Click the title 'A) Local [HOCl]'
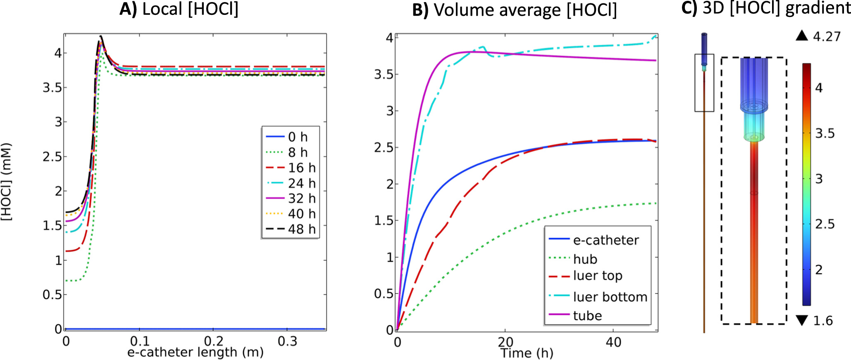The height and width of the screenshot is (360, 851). point(179,9)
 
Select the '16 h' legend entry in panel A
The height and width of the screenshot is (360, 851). point(302,168)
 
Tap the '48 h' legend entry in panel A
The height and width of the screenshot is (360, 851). point(302,229)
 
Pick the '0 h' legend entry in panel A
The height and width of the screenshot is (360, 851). point(298,137)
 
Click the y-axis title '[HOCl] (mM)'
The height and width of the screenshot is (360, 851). point(7,182)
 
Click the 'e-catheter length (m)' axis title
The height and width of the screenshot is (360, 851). point(195,352)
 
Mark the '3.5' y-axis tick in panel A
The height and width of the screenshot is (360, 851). point(52,88)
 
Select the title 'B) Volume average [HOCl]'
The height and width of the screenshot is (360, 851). point(515,10)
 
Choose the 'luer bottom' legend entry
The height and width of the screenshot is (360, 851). point(610,297)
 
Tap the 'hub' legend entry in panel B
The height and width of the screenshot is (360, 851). point(585,259)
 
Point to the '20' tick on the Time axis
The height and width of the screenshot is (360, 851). point(505,342)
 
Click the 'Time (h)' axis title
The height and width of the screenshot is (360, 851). point(527,353)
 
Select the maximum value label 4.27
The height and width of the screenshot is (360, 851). point(827,37)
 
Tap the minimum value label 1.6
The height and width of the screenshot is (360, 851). point(823,321)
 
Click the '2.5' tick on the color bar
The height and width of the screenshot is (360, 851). point(825,224)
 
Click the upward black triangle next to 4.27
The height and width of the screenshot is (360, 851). point(802,36)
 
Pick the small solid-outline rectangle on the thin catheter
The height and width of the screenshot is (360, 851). point(704,83)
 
